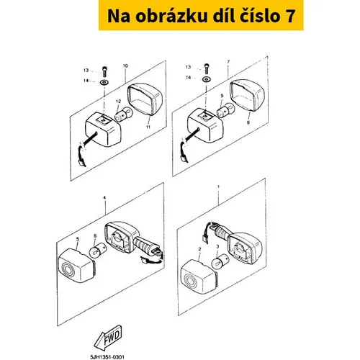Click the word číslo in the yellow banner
pos(259,16)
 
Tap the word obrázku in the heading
pos(171,16)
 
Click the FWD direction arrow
pos(108,338)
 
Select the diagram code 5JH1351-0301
pos(107,357)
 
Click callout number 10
pos(125,66)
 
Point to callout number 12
pos(118,102)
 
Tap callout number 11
pos(148,127)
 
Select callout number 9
pos(222,96)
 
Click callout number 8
pos(248,122)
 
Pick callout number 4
pos(104,197)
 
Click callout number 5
pos(78,239)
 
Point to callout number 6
pos(95,236)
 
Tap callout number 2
pos(199,249)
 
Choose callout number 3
pos(217,246)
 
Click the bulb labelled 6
pos(97,250)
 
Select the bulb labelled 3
pos(219,261)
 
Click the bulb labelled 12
pos(123,114)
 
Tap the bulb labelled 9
pos(225,110)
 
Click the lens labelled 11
pos(145,99)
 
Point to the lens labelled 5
pos(76,265)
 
